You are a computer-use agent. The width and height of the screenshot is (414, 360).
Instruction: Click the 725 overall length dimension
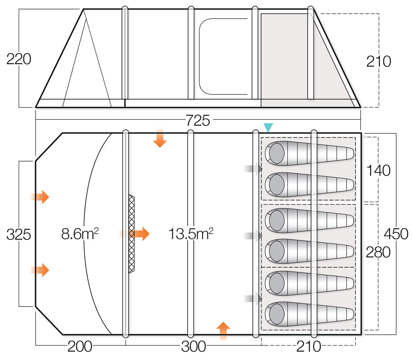pos(198,121)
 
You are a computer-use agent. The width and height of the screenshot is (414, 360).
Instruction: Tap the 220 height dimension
pos(19,59)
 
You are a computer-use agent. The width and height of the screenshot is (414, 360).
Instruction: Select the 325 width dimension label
pos(19,234)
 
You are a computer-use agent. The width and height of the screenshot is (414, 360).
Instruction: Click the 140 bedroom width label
pos(378,170)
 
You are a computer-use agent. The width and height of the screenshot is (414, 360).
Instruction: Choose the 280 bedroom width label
pos(378,252)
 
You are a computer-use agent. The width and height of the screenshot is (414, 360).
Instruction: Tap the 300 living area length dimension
pos(193,346)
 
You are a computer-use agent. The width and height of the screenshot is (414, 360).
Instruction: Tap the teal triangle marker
pos(268,128)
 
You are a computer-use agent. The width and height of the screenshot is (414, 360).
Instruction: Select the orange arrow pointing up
pos(223,330)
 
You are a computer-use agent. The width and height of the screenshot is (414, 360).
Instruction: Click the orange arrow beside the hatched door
pos(141,234)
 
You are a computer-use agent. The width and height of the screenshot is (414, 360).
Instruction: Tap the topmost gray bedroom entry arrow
pos(254,169)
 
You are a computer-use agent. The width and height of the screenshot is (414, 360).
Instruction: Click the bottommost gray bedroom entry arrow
pos(254,298)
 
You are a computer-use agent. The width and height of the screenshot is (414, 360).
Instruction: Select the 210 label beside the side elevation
pos(378,61)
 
